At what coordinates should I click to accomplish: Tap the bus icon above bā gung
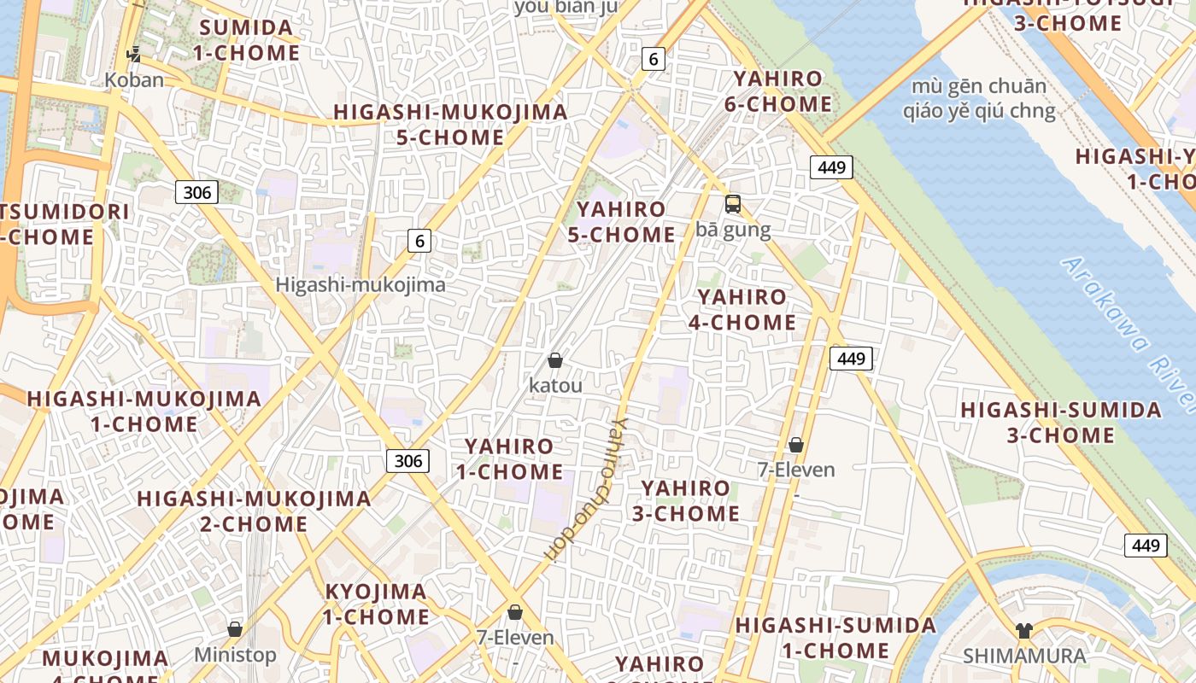[x=733, y=204]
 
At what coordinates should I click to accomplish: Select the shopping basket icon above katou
[x=555, y=360]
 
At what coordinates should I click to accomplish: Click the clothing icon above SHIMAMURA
[x=1024, y=631]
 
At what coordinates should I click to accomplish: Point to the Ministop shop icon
[x=235, y=629]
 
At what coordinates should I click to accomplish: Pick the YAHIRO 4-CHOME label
[x=742, y=310]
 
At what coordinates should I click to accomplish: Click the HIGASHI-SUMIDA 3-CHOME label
[x=1061, y=423]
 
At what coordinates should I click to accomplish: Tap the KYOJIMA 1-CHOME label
[x=376, y=604]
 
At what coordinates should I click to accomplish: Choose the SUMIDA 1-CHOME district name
[x=246, y=40]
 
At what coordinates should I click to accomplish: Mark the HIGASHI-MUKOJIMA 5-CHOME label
[x=450, y=125]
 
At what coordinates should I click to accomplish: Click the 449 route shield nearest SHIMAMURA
[x=1146, y=546]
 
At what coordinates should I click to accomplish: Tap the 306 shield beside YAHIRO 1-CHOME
[x=408, y=461]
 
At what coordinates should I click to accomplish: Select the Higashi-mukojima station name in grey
[x=361, y=285]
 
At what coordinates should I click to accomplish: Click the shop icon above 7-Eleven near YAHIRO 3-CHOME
[x=796, y=445]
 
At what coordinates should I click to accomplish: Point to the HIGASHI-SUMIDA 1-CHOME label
[x=835, y=638]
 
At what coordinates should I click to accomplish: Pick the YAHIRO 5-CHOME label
[x=621, y=222]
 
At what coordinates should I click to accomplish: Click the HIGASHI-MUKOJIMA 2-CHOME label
[x=254, y=511]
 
